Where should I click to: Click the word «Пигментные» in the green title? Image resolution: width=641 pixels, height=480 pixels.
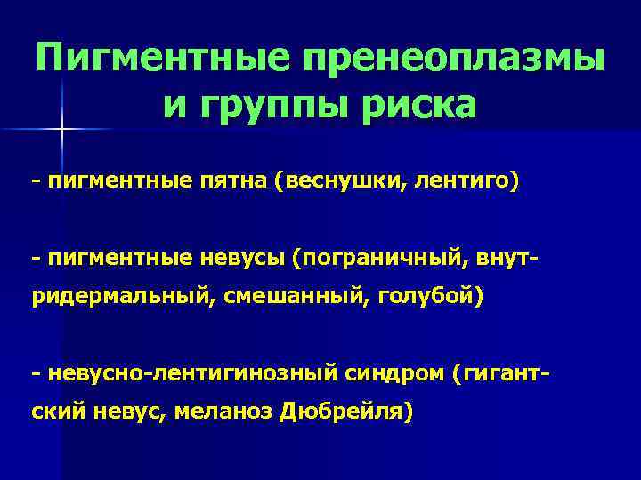point(164,59)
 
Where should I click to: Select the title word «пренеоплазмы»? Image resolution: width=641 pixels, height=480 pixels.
point(454,59)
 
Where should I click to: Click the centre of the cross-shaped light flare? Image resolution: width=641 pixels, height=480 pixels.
point(62,130)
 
